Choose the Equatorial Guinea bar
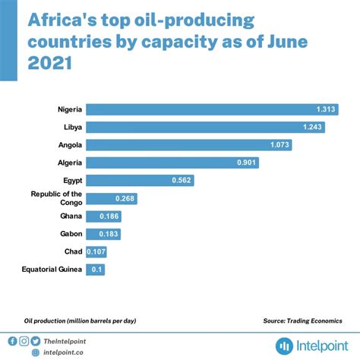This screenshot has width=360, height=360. (x=95, y=270)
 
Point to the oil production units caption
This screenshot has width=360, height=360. (x=80, y=321)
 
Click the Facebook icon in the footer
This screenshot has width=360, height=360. (x=13, y=341)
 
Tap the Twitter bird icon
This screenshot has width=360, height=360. (x=36, y=341)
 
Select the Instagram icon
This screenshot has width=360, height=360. (x=24, y=341)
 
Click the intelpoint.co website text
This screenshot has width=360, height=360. (x=64, y=352)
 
